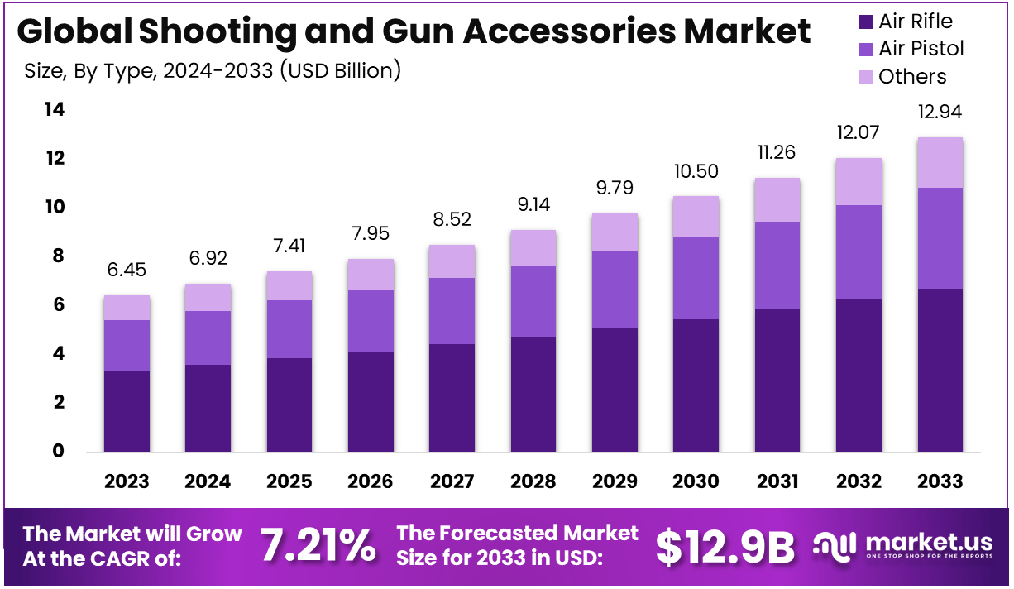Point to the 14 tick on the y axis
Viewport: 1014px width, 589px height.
pos(55,109)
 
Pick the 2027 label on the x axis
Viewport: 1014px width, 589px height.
pos(452,481)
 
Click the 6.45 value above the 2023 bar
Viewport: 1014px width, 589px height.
pos(127,271)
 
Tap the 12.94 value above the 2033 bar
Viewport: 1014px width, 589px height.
pos(940,112)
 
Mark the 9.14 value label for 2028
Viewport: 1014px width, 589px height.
pos(533,204)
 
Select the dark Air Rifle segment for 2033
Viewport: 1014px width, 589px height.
pos(940,370)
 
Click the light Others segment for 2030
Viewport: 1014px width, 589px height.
pos(696,217)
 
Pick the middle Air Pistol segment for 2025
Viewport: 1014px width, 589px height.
pos(289,329)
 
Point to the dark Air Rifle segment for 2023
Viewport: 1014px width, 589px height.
pos(127,410)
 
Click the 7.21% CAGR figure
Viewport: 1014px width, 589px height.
pos(318,545)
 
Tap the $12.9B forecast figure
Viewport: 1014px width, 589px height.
pos(725,546)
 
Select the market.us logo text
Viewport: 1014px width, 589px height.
pos(928,543)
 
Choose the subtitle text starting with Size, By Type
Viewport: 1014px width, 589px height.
pos(213,71)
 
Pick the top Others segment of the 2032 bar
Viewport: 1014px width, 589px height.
pos(859,181)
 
